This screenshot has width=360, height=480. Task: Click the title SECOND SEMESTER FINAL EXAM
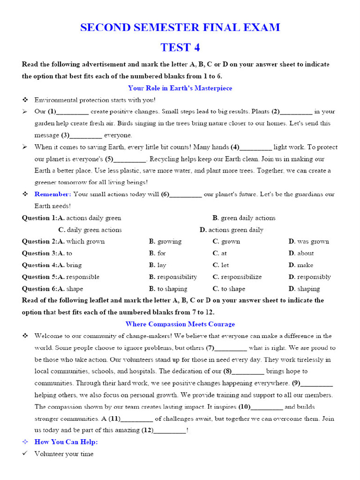coord(180,28)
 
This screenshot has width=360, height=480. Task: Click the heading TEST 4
coord(180,47)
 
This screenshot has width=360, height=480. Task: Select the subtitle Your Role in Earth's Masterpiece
coord(180,88)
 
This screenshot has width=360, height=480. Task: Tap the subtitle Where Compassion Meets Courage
coord(180,324)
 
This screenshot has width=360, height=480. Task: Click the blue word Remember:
coord(52,194)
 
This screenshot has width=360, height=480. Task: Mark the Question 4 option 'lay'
coord(161,265)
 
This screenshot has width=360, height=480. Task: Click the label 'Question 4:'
coord(39,265)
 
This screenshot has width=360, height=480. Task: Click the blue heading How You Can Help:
coord(66,442)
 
